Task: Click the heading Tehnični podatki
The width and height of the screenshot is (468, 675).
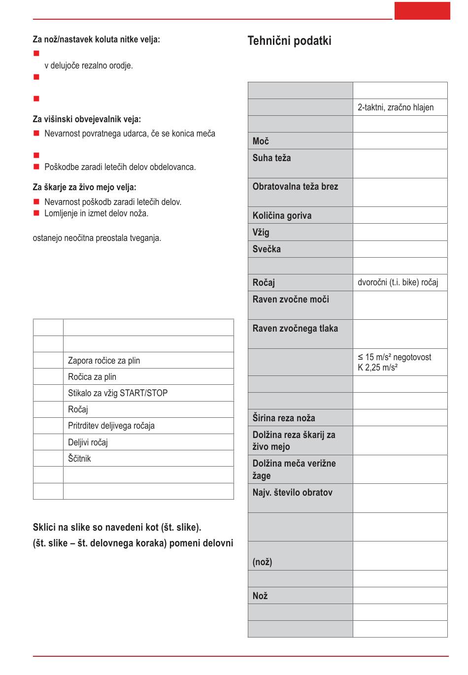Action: point(289,41)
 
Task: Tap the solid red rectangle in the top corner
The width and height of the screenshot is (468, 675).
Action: point(422,11)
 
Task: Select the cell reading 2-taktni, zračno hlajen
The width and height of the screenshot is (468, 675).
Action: point(396,107)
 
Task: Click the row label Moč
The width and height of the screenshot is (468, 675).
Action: point(261,141)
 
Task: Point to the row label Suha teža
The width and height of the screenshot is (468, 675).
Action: point(271,158)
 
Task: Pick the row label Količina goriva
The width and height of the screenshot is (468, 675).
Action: point(282,216)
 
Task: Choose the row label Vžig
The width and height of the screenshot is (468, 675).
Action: point(261,233)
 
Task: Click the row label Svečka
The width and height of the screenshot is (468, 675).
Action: point(267,249)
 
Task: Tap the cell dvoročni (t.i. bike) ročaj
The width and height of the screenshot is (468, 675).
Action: point(398,283)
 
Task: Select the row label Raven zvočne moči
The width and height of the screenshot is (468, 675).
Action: point(291,300)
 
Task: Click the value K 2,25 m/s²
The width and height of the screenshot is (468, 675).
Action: point(377,368)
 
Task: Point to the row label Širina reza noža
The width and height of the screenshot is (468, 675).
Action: point(284,418)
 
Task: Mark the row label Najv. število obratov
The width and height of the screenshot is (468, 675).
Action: point(292,493)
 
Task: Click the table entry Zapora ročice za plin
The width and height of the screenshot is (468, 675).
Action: point(104,361)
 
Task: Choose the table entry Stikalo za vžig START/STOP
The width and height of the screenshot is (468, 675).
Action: point(118,393)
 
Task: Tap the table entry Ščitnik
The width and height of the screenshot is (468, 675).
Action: point(79,459)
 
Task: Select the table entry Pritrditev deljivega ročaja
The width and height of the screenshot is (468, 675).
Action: point(111,426)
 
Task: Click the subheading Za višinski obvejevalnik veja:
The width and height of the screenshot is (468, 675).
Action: point(87,119)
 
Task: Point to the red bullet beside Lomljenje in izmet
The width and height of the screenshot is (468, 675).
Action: point(36,213)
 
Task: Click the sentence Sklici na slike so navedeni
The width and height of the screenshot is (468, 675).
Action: point(117,528)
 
